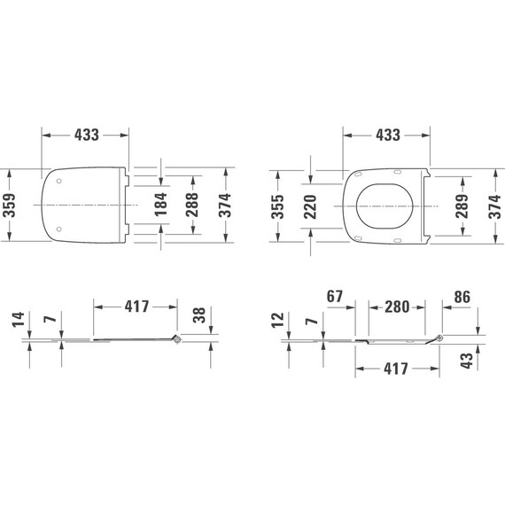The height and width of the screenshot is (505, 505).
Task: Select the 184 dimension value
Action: click(160, 206)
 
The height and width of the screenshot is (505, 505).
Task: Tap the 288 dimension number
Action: click(192, 206)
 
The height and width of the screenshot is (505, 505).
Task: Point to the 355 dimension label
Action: click(277, 206)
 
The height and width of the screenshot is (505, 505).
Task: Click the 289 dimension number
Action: click(461, 206)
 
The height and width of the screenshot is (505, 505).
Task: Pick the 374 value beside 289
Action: click(493, 206)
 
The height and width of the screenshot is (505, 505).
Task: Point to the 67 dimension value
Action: click(334, 295)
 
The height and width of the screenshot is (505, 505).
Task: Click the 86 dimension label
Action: click(461, 295)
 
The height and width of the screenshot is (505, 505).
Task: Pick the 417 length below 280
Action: click(397, 369)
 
